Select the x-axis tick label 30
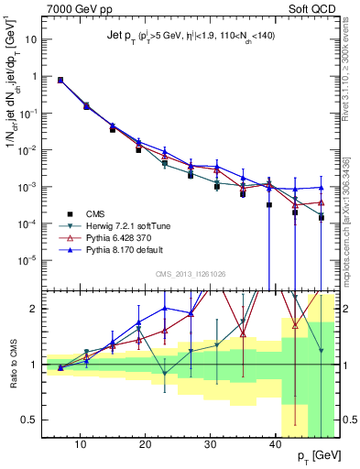[211, 445]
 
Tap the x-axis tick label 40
[276, 445]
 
